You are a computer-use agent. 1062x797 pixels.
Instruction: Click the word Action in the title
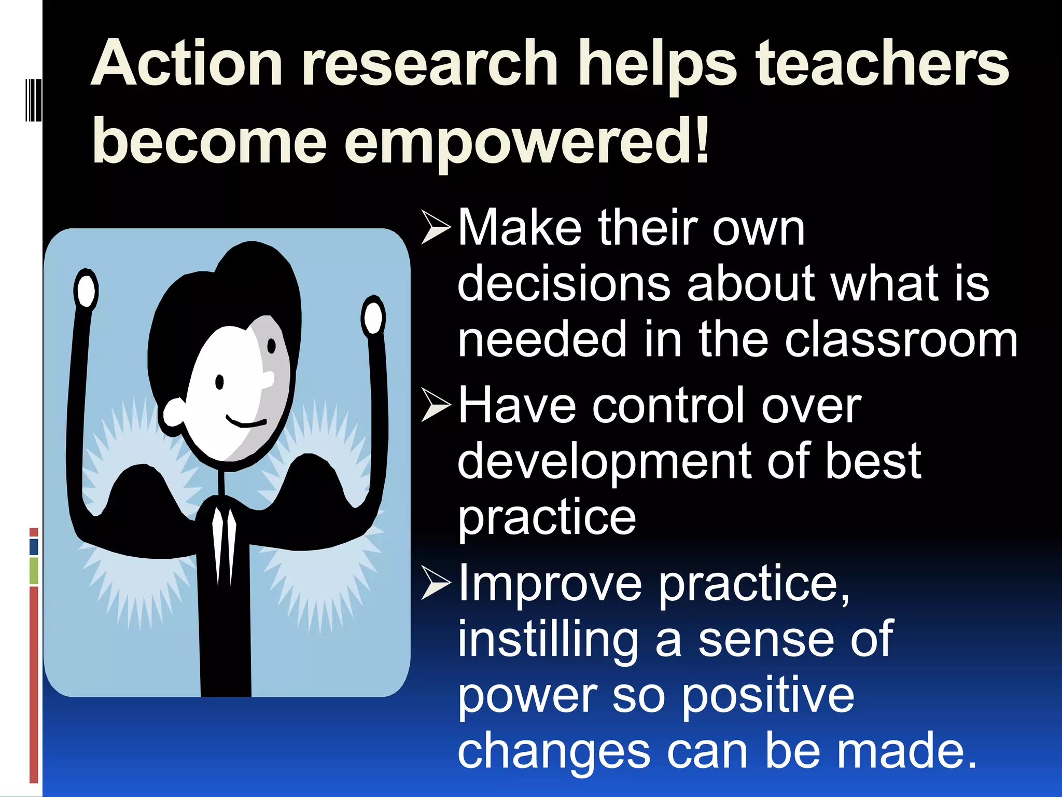pos(187,65)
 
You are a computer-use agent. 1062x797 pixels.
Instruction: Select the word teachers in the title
pos(882,65)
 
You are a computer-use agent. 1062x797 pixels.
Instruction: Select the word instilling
pos(547,641)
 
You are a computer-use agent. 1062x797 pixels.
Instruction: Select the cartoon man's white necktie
pos(223,545)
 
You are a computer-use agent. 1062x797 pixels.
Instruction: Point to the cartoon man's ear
pos(174,414)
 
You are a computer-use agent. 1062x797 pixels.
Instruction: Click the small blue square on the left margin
pos(34,547)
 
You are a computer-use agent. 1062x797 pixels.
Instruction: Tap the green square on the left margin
pos(34,571)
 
